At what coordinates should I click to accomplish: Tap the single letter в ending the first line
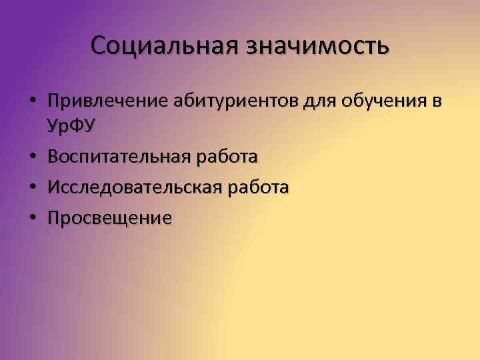click(437, 102)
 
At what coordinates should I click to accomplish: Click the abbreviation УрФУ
click(71, 125)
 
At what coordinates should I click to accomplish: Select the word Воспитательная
click(119, 157)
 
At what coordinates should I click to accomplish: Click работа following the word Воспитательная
click(227, 157)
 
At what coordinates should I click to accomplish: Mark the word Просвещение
click(110, 218)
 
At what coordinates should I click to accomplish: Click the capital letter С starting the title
click(99, 46)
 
